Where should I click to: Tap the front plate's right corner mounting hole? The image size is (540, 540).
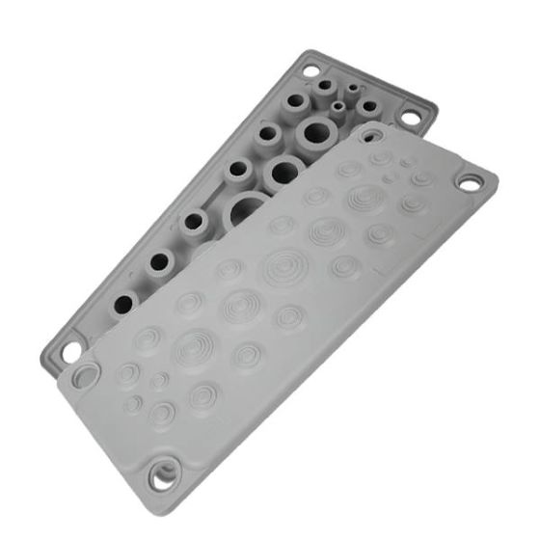472,182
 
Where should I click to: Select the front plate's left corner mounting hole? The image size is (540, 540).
87,371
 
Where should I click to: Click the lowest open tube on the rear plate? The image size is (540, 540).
122,304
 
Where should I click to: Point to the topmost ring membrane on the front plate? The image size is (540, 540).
380,155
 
